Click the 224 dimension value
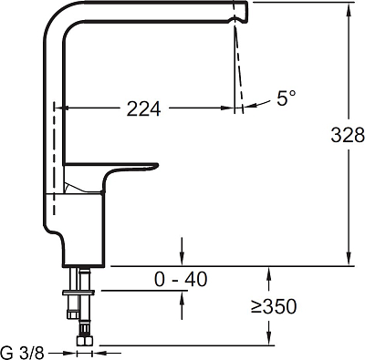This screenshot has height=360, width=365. click(x=143, y=108)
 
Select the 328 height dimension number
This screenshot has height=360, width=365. click(x=348, y=135)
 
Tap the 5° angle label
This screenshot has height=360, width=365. click(x=286, y=98)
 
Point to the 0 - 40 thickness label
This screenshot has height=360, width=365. click(x=181, y=279)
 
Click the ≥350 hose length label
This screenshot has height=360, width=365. click(x=274, y=306)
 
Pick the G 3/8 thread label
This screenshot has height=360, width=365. click(x=23, y=353)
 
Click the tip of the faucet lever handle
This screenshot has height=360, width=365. click(x=157, y=165)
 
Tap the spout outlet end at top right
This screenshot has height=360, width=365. click(x=246, y=12)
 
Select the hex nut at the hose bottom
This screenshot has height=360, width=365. click(x=85, y=340)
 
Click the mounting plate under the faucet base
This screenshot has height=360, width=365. click(x=78, y=293)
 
